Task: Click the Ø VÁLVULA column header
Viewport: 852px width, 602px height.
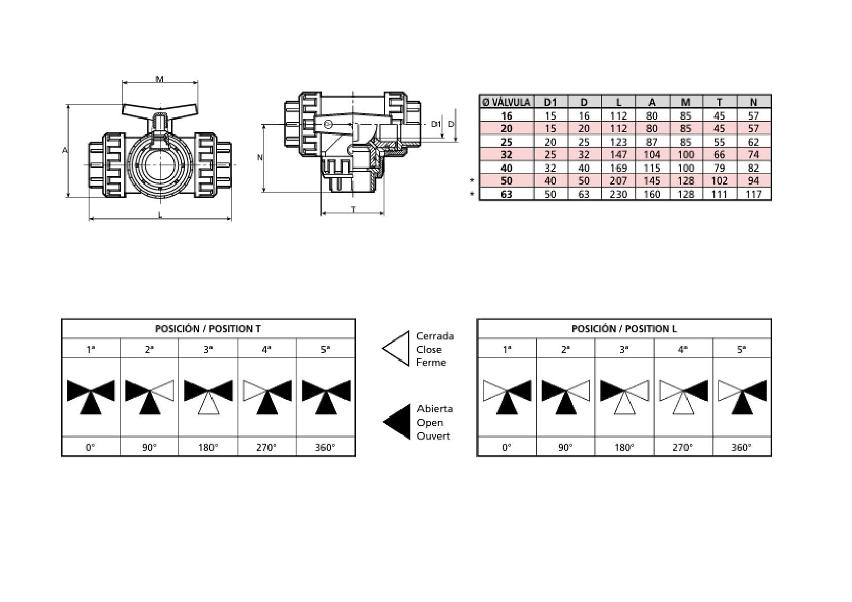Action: [506, 102]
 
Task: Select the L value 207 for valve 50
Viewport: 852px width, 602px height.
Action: [618, 181]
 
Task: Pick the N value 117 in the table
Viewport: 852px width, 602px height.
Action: [753, 194]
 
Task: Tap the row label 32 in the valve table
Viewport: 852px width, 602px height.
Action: [506, 155]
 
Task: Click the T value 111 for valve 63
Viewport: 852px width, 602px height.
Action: [719, 194]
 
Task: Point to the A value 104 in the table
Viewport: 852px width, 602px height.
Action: [652, 155]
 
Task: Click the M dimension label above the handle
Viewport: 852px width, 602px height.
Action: [160, 79]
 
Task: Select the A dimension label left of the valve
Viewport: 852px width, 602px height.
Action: [65, 151]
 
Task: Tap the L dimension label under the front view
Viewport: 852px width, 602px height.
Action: [160, 216]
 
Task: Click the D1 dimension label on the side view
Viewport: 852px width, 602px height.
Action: [436, 124]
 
